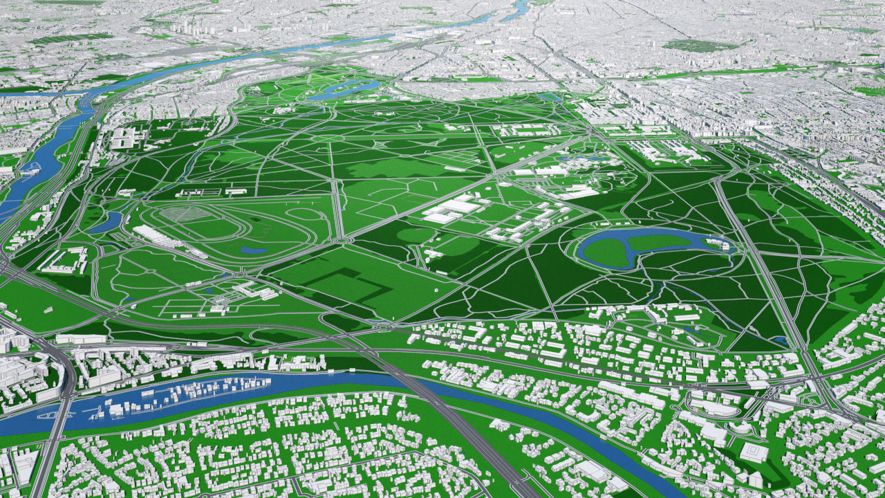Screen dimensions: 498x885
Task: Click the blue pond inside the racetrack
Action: tap(254, 250)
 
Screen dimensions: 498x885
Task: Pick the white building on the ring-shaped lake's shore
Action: tap(719, 243)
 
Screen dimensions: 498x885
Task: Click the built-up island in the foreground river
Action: tap(187, 394)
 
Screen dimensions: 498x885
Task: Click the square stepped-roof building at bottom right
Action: tap(754, 452)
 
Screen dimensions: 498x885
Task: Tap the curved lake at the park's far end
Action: tap(346, 89)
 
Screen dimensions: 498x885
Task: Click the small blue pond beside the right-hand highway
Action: tap(781, 340)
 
